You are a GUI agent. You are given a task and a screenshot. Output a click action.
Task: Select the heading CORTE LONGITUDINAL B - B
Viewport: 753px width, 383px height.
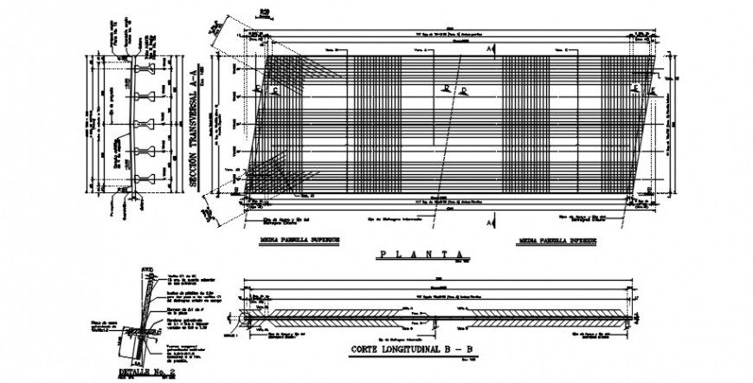coord(414,350)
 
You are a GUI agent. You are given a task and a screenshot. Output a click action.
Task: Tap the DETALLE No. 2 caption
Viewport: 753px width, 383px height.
coord(140,373)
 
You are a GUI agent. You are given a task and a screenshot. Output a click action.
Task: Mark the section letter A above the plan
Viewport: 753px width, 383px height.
coord(490,51)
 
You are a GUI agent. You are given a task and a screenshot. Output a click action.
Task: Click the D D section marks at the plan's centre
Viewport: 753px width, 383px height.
coord(454,89)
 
